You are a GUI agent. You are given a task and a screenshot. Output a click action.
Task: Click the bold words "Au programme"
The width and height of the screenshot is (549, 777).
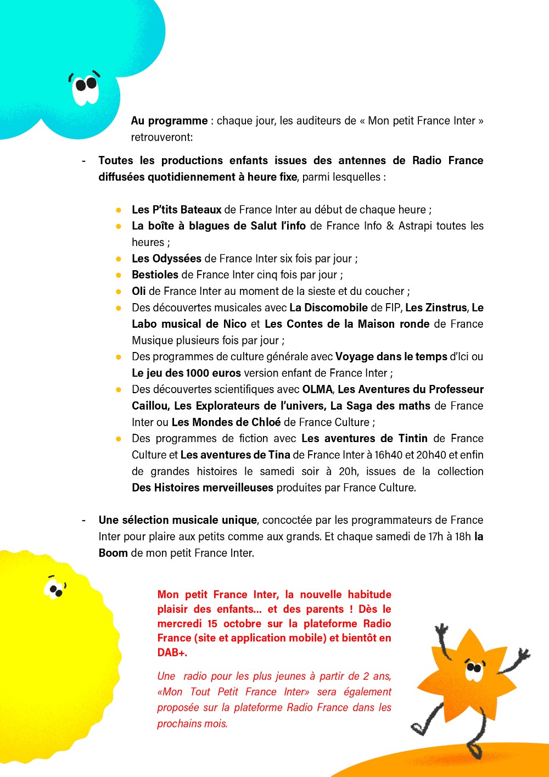(169, 121)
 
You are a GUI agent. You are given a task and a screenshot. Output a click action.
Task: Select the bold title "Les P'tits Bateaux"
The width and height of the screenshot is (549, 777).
(176, 210)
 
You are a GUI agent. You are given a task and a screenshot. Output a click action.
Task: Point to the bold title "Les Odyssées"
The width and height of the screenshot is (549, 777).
(166, 259)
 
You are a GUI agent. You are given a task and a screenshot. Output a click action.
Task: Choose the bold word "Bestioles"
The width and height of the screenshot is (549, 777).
(155, 275)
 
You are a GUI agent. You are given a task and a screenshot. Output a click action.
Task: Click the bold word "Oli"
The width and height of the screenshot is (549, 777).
(139, 292)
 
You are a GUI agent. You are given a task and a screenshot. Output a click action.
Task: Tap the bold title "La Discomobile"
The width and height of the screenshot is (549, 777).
(328, 308)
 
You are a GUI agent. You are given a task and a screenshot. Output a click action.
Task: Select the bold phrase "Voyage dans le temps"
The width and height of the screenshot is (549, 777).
(391, 357)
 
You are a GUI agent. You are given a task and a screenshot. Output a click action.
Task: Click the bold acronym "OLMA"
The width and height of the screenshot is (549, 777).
(317, 389)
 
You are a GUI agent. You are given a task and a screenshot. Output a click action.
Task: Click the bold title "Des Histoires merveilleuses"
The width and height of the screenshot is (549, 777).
(202, 488)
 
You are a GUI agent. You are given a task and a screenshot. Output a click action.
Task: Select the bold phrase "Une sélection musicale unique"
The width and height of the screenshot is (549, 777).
(177, 520)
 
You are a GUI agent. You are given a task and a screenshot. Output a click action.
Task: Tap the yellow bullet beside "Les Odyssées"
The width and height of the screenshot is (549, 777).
(119, 259)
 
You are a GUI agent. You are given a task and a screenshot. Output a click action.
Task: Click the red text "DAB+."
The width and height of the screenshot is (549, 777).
(172, 653)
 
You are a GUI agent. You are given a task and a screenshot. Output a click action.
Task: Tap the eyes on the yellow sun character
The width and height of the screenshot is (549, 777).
(55, 589)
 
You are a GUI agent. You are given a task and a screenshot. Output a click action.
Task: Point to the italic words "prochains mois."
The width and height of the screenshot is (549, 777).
(192, 724)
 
